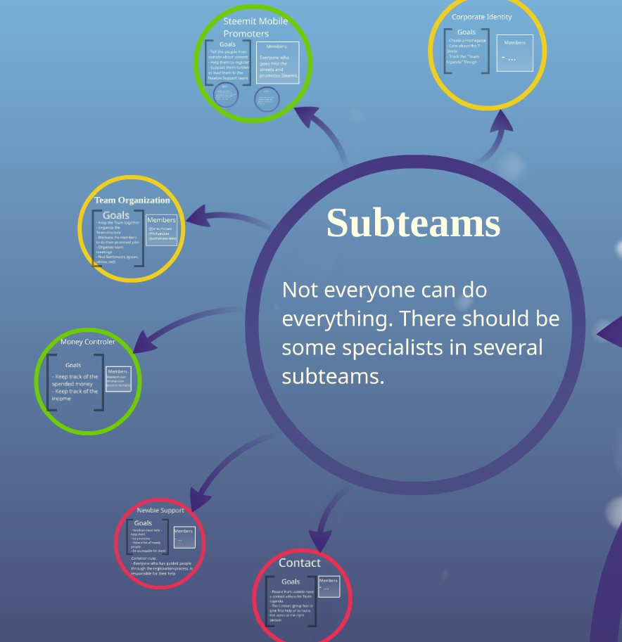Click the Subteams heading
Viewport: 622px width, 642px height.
point(413,223)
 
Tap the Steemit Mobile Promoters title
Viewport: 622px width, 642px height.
point(255,27)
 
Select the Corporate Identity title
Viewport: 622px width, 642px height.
point(482,17)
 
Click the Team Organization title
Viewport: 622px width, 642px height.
point(132,200)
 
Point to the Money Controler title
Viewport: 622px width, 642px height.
point(88,342)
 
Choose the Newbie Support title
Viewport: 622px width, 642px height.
point(160,511)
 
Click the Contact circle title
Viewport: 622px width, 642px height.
point(299,563)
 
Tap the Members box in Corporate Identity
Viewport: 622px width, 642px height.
point(515,53)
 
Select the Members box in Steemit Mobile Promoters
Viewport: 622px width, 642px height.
point(278,63)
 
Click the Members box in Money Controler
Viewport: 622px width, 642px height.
point(118,379)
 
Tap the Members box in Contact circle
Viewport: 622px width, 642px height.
point(329,586)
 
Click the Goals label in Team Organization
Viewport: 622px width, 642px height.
point(116,215)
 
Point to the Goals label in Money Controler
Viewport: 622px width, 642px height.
point(73,365)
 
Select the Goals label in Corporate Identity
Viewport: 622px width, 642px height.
point(467,32)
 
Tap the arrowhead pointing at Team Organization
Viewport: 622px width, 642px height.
point(197,217)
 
